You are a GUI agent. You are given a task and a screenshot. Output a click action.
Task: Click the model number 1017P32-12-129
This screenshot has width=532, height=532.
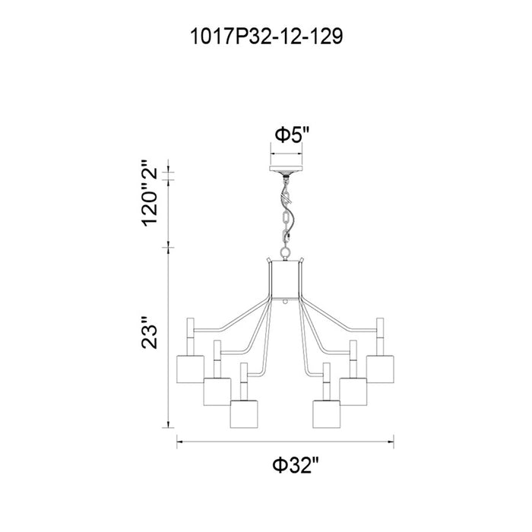pyautogui.click(x=266, y=36)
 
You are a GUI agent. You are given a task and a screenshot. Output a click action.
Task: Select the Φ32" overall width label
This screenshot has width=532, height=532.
pyautogui.click(x=296, y=465)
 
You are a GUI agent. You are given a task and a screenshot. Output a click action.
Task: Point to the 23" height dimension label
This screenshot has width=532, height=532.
pyautogui.click(x=149, y=333)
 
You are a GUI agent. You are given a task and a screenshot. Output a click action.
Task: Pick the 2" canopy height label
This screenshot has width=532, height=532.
pyautogui.click(x=149, y=169)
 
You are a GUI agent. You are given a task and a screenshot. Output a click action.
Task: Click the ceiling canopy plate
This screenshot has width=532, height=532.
pyautogui.click(x=286, y=169)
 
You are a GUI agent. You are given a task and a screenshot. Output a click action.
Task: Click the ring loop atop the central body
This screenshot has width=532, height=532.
pyautogui.click(x=285, y=253)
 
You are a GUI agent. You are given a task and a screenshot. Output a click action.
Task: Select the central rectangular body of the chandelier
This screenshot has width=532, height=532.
pyautogui.click(x=285, y=280)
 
